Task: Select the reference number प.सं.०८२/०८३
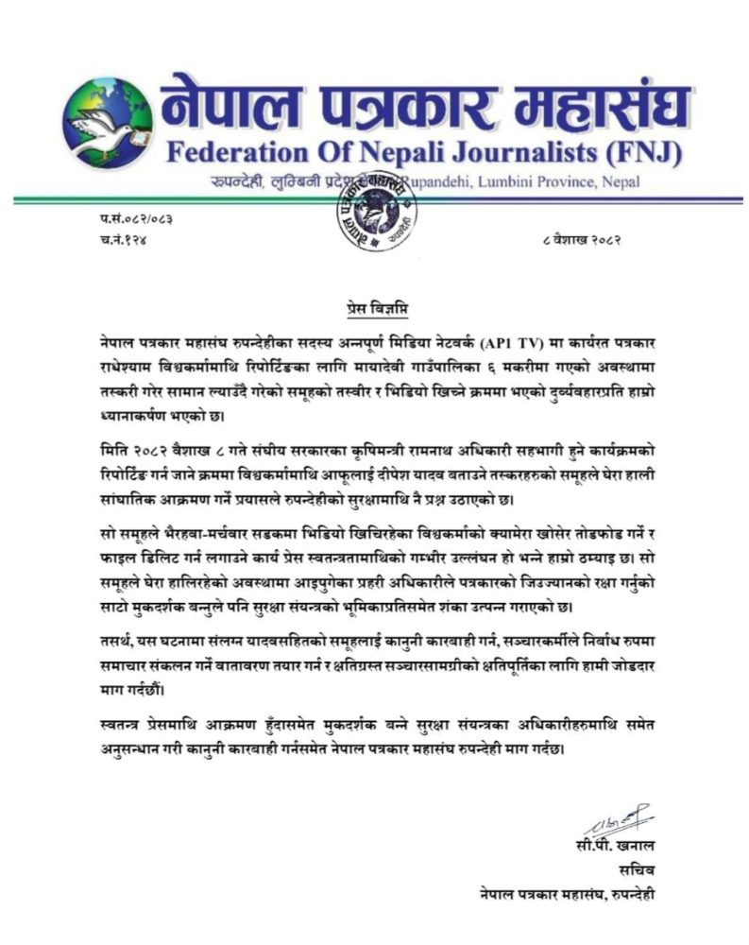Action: pos(136,219)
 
